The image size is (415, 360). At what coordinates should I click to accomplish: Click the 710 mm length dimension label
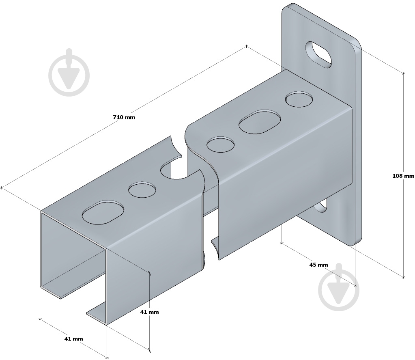coord(124,117)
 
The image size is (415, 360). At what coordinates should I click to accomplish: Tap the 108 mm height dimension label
coord(403,176)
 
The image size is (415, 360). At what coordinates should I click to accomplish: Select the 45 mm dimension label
coord(319,265)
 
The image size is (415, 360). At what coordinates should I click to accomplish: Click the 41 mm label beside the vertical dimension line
coord(150,312)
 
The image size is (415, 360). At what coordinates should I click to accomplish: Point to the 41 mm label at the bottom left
coord(73,339)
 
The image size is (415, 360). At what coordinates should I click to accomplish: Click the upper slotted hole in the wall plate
coord(319,54)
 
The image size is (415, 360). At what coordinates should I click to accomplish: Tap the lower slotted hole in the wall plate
coord(321,206)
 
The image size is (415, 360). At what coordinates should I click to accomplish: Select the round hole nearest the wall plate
coord(299,99)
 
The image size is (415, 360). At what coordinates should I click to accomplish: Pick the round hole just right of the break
coord(220,144)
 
